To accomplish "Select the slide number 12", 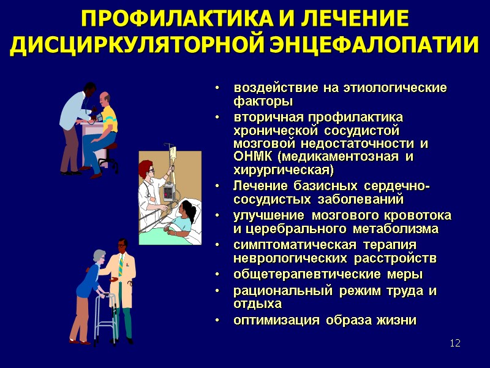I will (454, 342).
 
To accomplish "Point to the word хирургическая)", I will (284, 169).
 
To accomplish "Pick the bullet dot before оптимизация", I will (218, 320).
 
